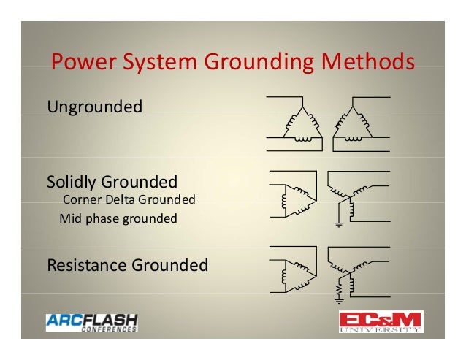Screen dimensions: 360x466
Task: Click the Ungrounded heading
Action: tap(94, 108)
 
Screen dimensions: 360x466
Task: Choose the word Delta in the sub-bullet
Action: tap(119, 199)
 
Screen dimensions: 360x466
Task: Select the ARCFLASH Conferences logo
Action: tap(91, 322)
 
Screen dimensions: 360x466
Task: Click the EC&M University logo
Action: tap(380, 322)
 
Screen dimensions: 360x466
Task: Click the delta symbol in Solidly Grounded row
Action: tap(294, 196)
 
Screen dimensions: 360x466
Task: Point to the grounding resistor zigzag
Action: tap(339, 290)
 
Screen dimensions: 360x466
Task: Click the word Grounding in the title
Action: tap(253, 64)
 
